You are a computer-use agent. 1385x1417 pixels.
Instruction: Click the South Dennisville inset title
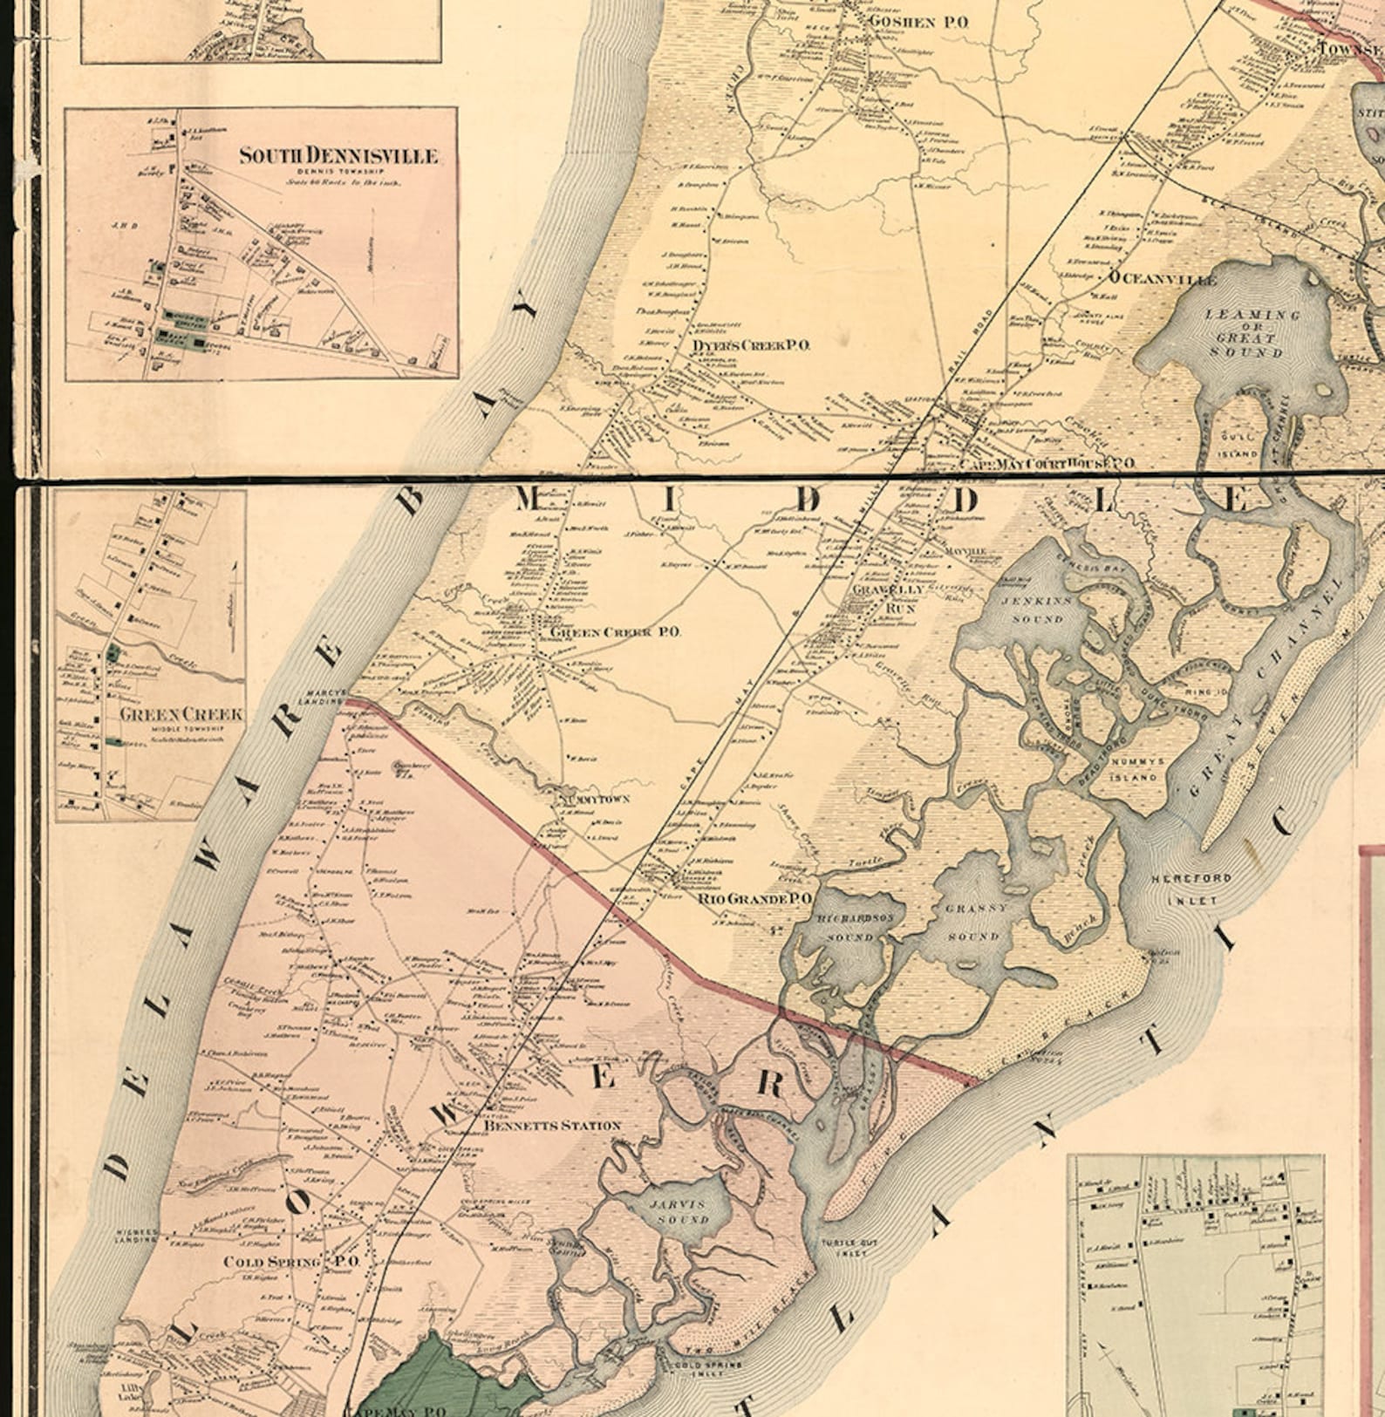(x=338, y=156)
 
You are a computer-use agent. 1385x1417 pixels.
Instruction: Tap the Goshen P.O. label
(x=918, y=22)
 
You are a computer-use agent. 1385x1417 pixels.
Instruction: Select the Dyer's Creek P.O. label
(x=751, y=345)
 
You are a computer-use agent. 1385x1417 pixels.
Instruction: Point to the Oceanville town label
(x=1163, y=279)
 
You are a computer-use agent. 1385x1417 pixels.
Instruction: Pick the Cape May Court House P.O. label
(x=1047, y=463)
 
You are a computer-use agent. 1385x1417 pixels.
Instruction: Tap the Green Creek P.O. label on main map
(x=615, y=631)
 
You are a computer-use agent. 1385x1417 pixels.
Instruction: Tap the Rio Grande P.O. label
(x=755, y=897)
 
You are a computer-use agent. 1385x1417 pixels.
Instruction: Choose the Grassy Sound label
(x=975, y=921)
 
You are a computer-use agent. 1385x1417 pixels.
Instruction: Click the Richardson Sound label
(x=849, y=928)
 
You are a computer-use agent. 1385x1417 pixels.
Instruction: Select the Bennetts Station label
(x=552, y=1125)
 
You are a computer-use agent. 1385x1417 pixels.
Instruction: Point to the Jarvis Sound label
(x=678, y=1211)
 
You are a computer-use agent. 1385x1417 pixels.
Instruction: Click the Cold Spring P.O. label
(x=291, y=1262)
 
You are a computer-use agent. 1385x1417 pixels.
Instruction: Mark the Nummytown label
(x=596, y=798)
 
